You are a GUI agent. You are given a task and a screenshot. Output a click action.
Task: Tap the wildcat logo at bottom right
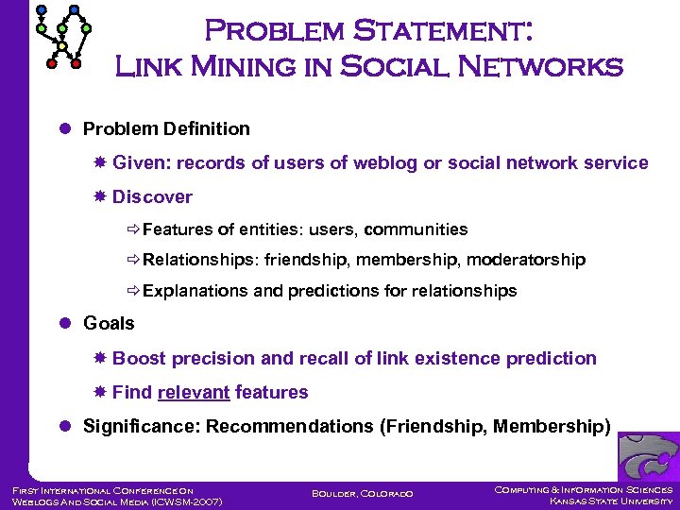click(648, 456)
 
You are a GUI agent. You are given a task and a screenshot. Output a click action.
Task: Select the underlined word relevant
click(194, 392)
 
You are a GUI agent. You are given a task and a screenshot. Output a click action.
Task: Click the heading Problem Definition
click(166, 128)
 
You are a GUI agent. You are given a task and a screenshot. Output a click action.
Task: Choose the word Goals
click(109, 323)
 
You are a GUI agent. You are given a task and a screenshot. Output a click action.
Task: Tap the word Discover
click(152, 196)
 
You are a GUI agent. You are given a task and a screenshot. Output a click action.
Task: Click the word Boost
click(138, 358)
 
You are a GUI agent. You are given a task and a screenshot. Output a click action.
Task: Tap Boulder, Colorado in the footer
click(361, 493)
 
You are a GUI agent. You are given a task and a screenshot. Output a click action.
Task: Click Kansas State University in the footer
click(611, 501)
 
